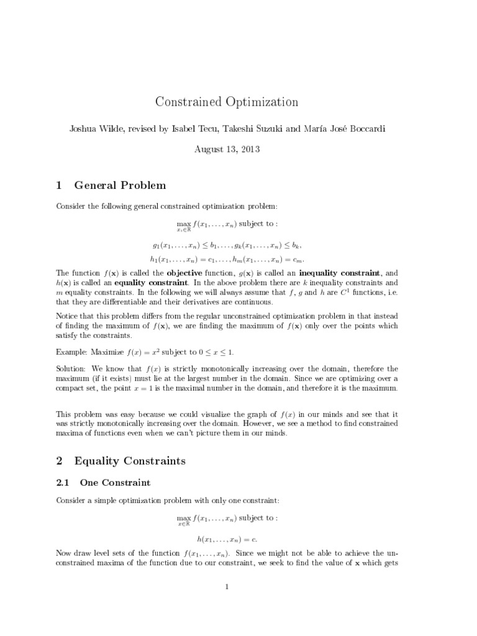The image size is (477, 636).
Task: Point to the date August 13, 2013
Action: pyautogui.click(x=228, y=149)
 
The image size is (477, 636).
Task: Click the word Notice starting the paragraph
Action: pyautogui.click(x=68, y=316)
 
